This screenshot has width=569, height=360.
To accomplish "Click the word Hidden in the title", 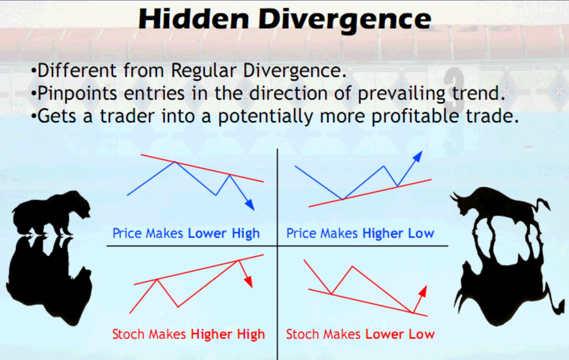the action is click(194, 19).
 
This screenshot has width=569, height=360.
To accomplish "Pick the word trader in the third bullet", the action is click(127, 116).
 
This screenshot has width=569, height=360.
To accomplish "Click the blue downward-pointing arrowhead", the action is click(250, 204).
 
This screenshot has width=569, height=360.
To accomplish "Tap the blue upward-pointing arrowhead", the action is click(418, 156).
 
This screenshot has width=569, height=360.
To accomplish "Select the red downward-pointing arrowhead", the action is click(249, 282).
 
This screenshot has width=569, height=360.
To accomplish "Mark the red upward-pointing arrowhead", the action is click(423, 291).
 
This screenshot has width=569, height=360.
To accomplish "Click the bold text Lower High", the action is click(224, 233).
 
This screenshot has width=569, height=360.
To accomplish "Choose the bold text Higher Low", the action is click(398, 233).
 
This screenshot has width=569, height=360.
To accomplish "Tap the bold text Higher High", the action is click(228, 334).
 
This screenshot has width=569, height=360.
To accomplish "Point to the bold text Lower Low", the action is click(400, 334).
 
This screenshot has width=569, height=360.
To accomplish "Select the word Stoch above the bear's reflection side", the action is click(128, 334).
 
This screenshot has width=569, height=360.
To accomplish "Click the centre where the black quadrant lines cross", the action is click(277, 246).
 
